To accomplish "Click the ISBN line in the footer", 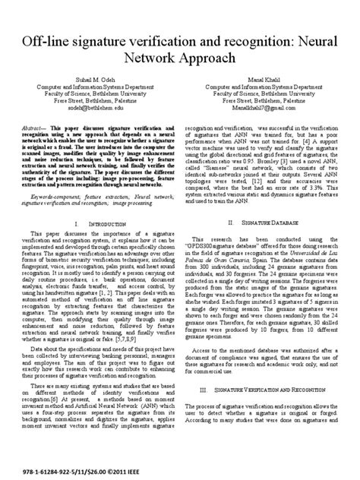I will [x=84, y=470].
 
